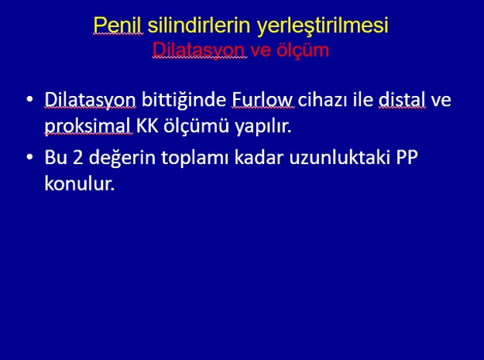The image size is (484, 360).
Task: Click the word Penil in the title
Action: [118, 25]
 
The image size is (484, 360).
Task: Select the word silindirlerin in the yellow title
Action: [199, 25]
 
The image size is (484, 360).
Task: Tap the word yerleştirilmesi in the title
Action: [323, 26]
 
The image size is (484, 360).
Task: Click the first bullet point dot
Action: [29, 99]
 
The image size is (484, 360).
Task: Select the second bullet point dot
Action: [29, 156]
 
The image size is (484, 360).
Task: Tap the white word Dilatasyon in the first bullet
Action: [90, 100]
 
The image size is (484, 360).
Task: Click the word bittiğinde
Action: [184, 100]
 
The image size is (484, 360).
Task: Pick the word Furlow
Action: [263, 99]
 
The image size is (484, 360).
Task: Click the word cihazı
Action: [322, 99]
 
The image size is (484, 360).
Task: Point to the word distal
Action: [402, 99]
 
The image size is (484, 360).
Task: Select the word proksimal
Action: [88, 126]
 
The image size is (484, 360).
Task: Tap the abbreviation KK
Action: [148, 126]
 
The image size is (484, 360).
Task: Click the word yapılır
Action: [263, 127]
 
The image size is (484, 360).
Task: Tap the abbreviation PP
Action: [407, 157]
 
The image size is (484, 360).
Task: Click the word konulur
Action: [80, 183]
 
